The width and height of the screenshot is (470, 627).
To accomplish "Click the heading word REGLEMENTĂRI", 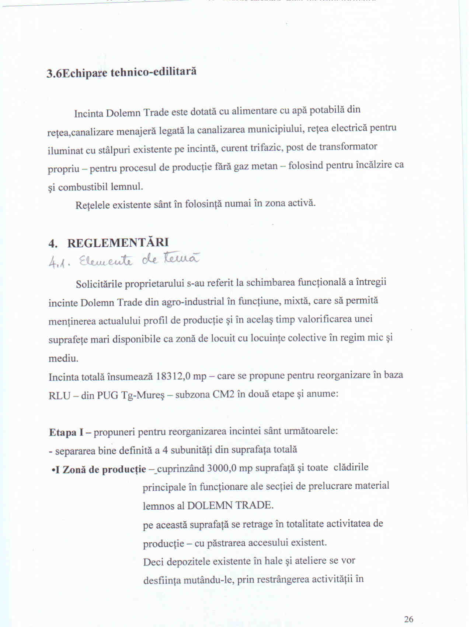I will point(118,243).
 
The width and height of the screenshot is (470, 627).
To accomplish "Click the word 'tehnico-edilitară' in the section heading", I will point(153,71).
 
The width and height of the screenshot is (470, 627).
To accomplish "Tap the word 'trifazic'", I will point(266,148).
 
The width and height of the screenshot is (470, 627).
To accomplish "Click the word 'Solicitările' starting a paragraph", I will point(98,284).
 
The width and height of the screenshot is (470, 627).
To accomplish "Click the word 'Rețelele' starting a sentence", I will point(92,205).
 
